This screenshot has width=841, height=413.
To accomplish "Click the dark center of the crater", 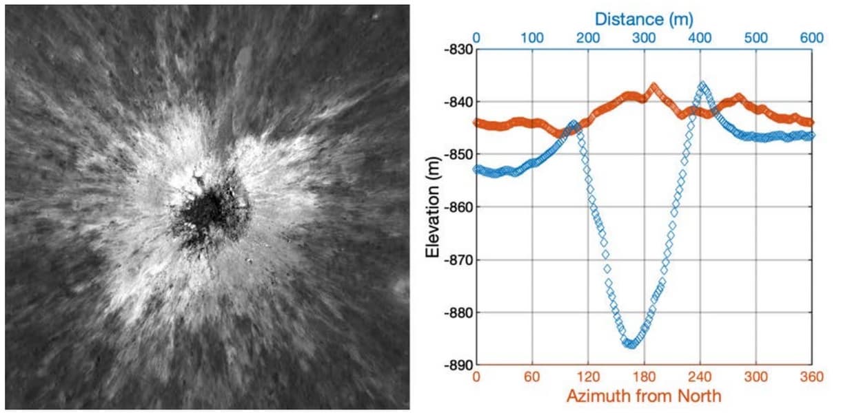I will pyautogui.click(x=207, y=215).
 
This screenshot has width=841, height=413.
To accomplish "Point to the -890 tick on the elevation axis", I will pyautogui.click(x=458, y=365).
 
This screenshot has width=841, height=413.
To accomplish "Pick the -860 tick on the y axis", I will pyautogui.click(x=458, y=207).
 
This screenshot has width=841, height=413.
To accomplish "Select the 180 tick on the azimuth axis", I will pyautogui.click(x=644, y=378).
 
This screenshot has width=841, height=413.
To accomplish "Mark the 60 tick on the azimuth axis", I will pyautogui.click(x=532, y=378).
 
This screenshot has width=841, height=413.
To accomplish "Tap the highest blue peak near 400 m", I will pyautogui.click(x=702, y=85).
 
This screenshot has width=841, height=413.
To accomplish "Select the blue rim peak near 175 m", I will pyautogui.click(x=574, y=124).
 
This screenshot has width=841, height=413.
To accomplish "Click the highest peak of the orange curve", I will pyautogui.click(x=653, y=86).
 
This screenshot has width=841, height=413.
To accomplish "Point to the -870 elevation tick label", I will pyautogui.click(x=458, y=260).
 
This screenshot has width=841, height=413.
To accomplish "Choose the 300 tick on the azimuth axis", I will pyautogui.click(x=756, y=378).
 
